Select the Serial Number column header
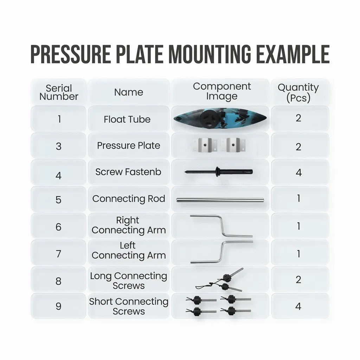pyautogui.click(x=59, y=92)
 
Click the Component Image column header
pyautogui.click(x=222, y=91)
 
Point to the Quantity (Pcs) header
pyautogui.click(x=298, y=92)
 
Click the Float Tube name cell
pyautogui.click(x=127, y=120)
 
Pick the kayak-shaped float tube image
pyautogui.click(x=220, y=119)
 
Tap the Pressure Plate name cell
pyautogui.click(x=128, y=146)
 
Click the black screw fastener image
pyautogui.click(x=219, y=172)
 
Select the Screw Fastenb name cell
pyautogui.click(x=128, y=172)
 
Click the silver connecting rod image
pyautogui.click(x=220, y=200)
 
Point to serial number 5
pyautogui.click(x=58, y=200)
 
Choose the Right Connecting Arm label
pyautogui.click(x=128, y=225)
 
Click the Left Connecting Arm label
pyautogui.click(x=128, y=251)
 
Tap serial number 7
pyautogui.click(x=58, y=253)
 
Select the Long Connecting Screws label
pyautogui.click(x=128, y=281)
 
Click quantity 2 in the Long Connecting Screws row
pyautogui.click(x=298, y=279)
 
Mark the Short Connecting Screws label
pyautogui.click(x=128, y=306)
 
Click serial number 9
pyautogui.click(x=58, y=306)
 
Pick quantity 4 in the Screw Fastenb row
pyautogui.click(x=298, y=173)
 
